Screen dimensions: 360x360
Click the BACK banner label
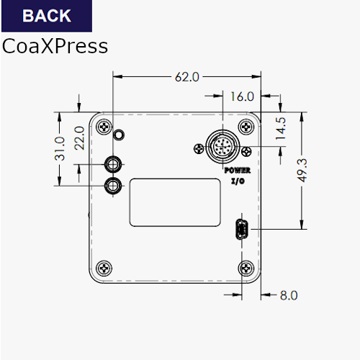(47, 16)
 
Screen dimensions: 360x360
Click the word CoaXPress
(55, 46)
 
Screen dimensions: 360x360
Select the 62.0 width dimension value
(187, 77)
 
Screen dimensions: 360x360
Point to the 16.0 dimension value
(242, 96)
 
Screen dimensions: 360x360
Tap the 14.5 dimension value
(281, 128)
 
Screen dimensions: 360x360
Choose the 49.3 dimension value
(302, 171)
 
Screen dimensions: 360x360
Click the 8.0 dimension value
(289, 295)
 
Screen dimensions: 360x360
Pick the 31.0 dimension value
(60, 149)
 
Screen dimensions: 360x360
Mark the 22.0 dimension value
(79, 138)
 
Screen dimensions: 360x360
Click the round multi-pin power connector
(222, 146)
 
